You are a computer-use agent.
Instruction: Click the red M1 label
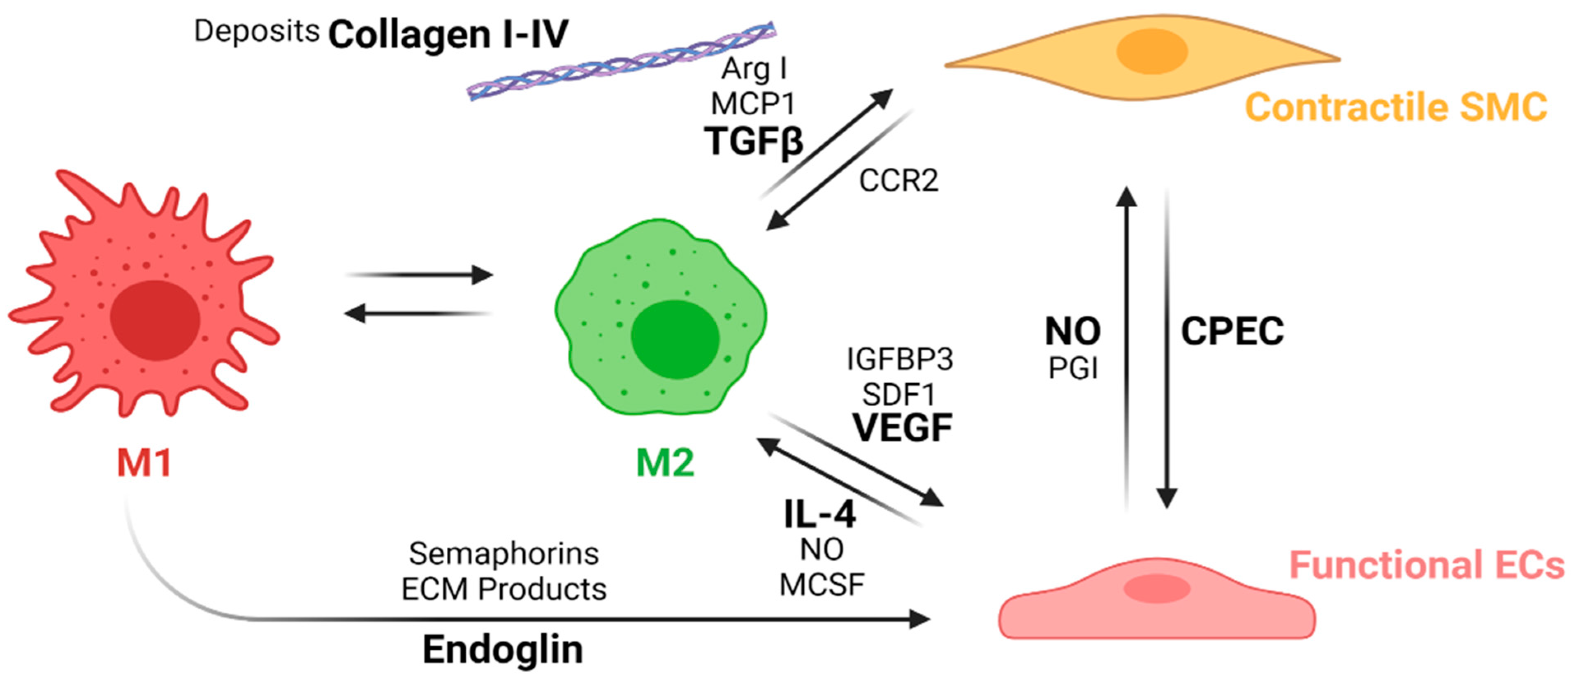click(144, 463)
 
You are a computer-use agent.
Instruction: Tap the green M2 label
click(665, 463)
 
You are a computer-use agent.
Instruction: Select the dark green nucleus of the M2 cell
click(675, 339)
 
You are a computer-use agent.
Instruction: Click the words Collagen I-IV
click(448, 34)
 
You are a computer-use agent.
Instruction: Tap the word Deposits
click(257, 30)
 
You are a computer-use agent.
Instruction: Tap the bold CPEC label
click(1232, 331)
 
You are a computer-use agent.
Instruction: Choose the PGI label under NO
click(1073, 368)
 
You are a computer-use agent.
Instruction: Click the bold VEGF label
click(903, 428)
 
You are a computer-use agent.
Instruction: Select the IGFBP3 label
click(900, 360)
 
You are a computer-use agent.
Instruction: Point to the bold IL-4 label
click(820, 514)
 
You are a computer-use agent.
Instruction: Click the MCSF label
click(821, 585)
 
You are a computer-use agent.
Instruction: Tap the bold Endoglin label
click(503, 650)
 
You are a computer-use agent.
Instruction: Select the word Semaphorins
click(504, 553)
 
